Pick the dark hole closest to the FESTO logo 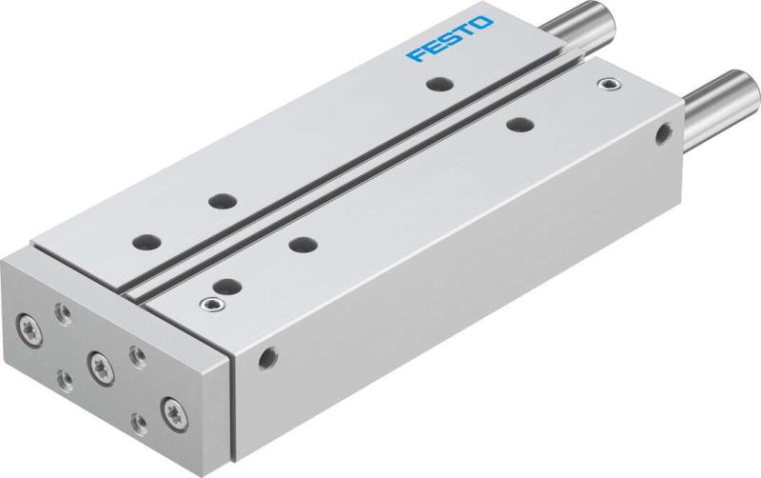438,85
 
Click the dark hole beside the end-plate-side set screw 226,283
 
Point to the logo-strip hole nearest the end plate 146,242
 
